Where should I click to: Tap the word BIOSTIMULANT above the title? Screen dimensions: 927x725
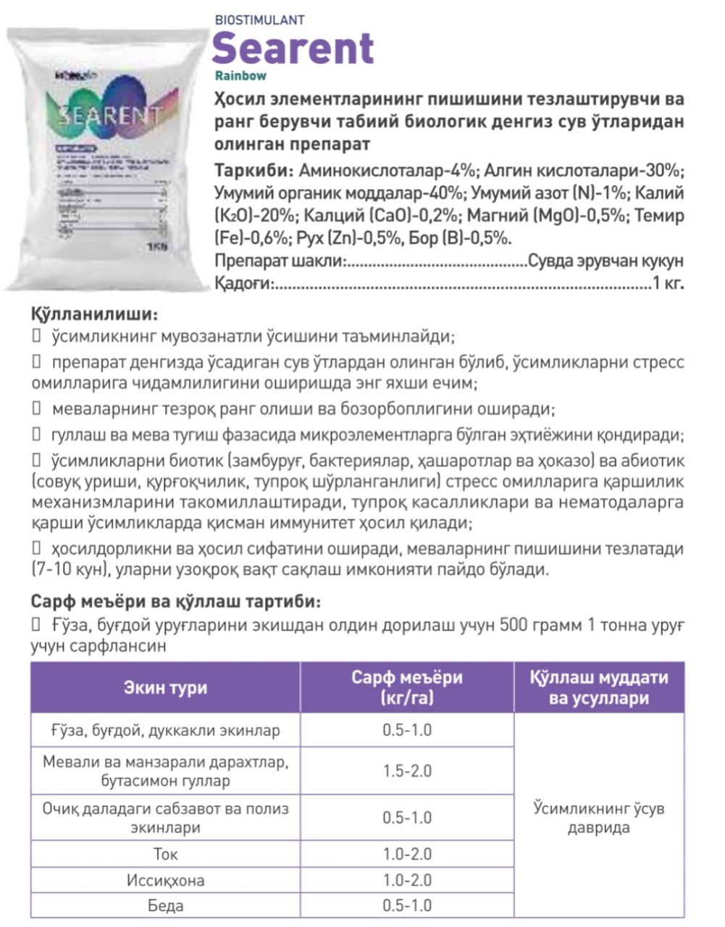pyautogui.click(x=259, y=20)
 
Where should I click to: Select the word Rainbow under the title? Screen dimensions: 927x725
pyautogui.click(x=240, y=75)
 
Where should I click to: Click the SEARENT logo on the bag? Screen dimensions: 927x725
pyautogui.click(x=101, y=115)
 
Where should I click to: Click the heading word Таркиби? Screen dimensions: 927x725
pyautogui.click(x=253, y=171)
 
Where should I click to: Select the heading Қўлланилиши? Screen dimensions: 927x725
pyautogui.click(x=93, y=316)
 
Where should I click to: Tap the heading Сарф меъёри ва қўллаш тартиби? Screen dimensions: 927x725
pyautogui.click(x=175, y=602)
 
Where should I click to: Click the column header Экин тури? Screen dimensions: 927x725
pyautogui.click(x=165, y=687)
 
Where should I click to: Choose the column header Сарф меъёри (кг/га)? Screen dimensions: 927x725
pyautogui.click(x=406, y=687)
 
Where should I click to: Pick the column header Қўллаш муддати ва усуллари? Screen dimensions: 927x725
pyautogui.click(x=599, y=687)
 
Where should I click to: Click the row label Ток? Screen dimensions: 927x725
pyautogui.click(x=165, y=854)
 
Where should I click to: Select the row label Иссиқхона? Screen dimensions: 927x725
pyautogui.click(x=165, y=880)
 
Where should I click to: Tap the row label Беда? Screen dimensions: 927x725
pyautogui.click(x=165, y=905)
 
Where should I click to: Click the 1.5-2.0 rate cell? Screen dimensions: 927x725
pyautogui.click(x=407, y=771)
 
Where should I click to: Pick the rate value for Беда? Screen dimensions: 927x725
pyautogui.click(x=407, y=905)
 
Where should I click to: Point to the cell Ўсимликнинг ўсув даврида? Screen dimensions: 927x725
pyautogui.click(x=599, y=818)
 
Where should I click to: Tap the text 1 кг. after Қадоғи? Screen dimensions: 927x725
pyautogui.click(x=668, y=283)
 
